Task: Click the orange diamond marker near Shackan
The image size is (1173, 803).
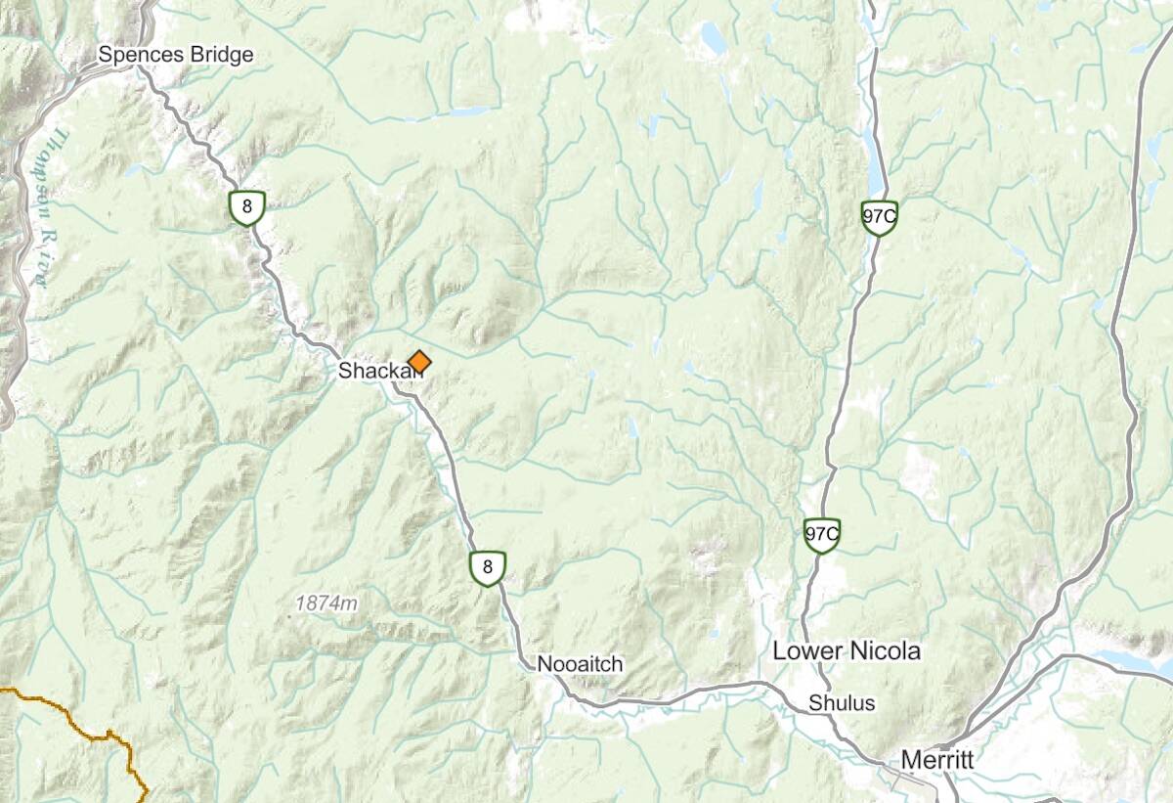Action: tap(418, 362)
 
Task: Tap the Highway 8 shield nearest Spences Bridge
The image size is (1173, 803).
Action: tap(246, 207)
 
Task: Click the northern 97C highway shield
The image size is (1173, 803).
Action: tap(879, 217)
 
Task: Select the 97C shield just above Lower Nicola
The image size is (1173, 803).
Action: tap(822, 534)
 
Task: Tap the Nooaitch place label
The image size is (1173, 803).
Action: tap(580, 664)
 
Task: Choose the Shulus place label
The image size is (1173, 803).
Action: tap(842, 703)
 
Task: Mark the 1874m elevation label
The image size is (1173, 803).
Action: tap(326, 603)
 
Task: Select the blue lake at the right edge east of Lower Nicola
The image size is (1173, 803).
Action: tap(1134, 661)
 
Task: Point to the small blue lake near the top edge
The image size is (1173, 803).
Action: tap(712, 39)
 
